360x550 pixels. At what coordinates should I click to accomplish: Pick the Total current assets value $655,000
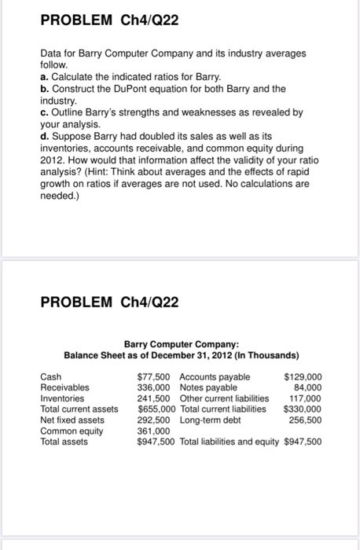tap(156, 409)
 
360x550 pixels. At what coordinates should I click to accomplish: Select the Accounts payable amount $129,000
tap(303, 376)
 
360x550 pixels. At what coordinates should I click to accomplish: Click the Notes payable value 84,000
tap(307, 387)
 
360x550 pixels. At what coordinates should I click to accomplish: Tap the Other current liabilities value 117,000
tap(305, 398)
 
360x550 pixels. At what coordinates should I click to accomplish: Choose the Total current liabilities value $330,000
tap(303, 409)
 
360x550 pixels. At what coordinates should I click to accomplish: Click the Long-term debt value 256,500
tap(305, 420)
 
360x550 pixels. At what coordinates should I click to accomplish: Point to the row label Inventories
tap(63, 398)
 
